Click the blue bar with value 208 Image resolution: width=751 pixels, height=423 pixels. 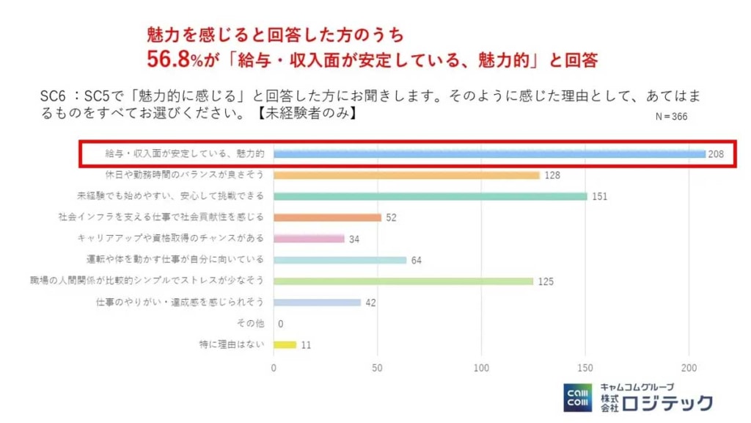pos(489,154)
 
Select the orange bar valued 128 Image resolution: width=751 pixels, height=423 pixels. pos(406,176)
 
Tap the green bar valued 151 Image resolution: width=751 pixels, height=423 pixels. pos(431,196)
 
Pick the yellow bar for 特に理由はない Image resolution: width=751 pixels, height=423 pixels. pos(285,344)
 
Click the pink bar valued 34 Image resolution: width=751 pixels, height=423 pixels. pos(309,239)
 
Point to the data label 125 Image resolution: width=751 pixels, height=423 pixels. pos(546,281)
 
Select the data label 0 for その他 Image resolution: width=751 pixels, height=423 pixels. pos(281,324)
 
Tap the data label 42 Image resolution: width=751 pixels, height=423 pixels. pos(370,303)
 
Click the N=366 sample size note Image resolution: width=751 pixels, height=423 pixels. pos(670,116)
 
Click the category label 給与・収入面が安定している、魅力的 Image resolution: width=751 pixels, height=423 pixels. pos(185,154)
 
